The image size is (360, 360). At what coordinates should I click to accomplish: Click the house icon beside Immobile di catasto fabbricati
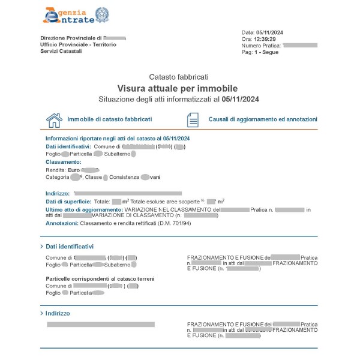55,120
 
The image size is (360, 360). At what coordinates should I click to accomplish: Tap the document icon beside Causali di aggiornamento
193,120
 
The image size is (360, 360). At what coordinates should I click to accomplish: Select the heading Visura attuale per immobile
178,88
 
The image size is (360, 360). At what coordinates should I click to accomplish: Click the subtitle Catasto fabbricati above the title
179,77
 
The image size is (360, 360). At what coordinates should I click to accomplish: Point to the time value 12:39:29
267,39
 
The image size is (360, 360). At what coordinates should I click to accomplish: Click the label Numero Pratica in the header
260,46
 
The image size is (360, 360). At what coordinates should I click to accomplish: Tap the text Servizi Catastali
61,51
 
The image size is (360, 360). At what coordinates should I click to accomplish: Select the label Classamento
63,162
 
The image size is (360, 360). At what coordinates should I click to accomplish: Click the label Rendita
55,170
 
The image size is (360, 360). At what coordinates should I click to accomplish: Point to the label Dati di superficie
67,202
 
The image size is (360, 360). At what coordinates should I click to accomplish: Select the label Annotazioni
62,223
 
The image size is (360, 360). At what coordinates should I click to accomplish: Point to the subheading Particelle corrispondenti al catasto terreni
100,279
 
